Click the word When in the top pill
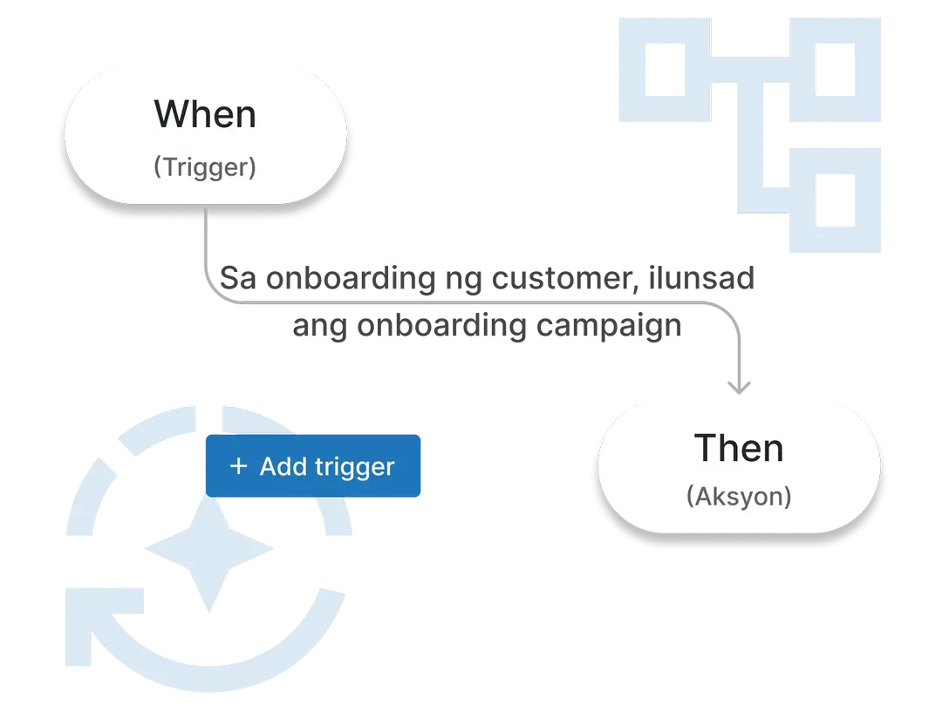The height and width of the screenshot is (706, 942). pyautogui.click(x=205, y=115)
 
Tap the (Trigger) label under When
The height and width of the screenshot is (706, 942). pyautogui.click(x=205, y=166)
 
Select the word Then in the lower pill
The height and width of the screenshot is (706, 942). pyautogui.click(x=739, y=448)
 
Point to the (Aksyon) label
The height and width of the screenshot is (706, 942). pyautogui.click(x=739, y=496)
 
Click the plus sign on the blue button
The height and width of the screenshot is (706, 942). pyautogui.click(x=237, y=466)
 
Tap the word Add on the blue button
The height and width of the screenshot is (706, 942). pyautogui.click(x=282, y=466)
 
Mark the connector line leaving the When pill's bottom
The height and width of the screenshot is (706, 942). pyautogui.click(x=206, y=240)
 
